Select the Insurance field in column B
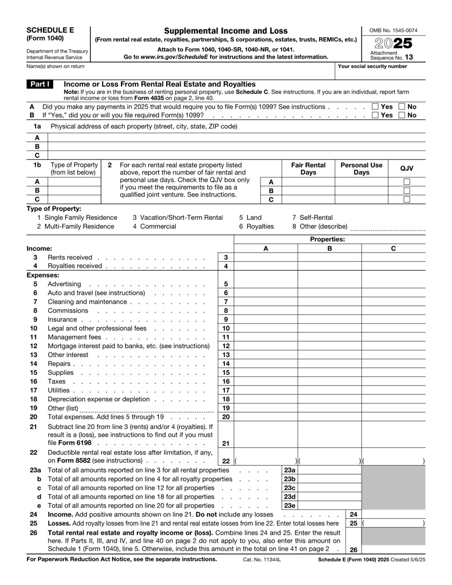tap(329, 319)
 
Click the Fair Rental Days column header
tap(308, 168)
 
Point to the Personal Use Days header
tap(361, 168)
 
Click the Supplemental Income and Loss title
tap(226, 30)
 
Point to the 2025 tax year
tap(395, 42)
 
